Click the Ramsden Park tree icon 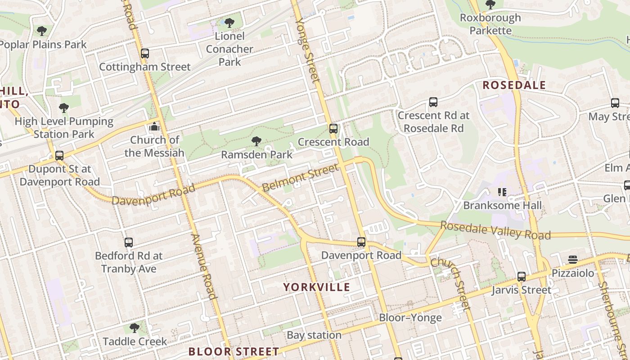pyautogui.click(x=256, y=141)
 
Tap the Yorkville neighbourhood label pyautogui.click(x=316, y=287)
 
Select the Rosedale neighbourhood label pyautogui.click(x=514, y=85)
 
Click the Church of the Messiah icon pyautogui.click(x=154, y=126)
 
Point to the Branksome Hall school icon pyautogui.click(x=502, y=192)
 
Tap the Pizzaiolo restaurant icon pyautogui.click(x=572, y=260)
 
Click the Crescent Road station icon pyautogui.click(x=333, y=129)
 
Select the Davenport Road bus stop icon pyautogui.click(x=361, y=242)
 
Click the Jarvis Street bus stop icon pyautogui.click(x=521, y=277)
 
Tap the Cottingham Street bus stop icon pyautogui.click(x=144, y=54)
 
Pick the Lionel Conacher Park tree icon pyautogui.click(x=229, y=22)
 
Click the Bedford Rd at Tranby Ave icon pyautogui.click(x=129, y=243)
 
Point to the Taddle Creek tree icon pyautogui.click(x=134, y=328)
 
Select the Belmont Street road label pyautogui.click(x=300, y=177)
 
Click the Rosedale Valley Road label pyautogui.click(x=495, y=230)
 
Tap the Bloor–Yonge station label pyautogui.click(x=410, y=318)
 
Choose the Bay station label pyautogui.click(x=314, y=335)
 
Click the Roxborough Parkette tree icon pyautogui.click(x=490, y=5)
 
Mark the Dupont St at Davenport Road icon pyautogui.click(x=59, y=156)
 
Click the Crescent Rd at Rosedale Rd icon pyautogui.click(x=433, y=102)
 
